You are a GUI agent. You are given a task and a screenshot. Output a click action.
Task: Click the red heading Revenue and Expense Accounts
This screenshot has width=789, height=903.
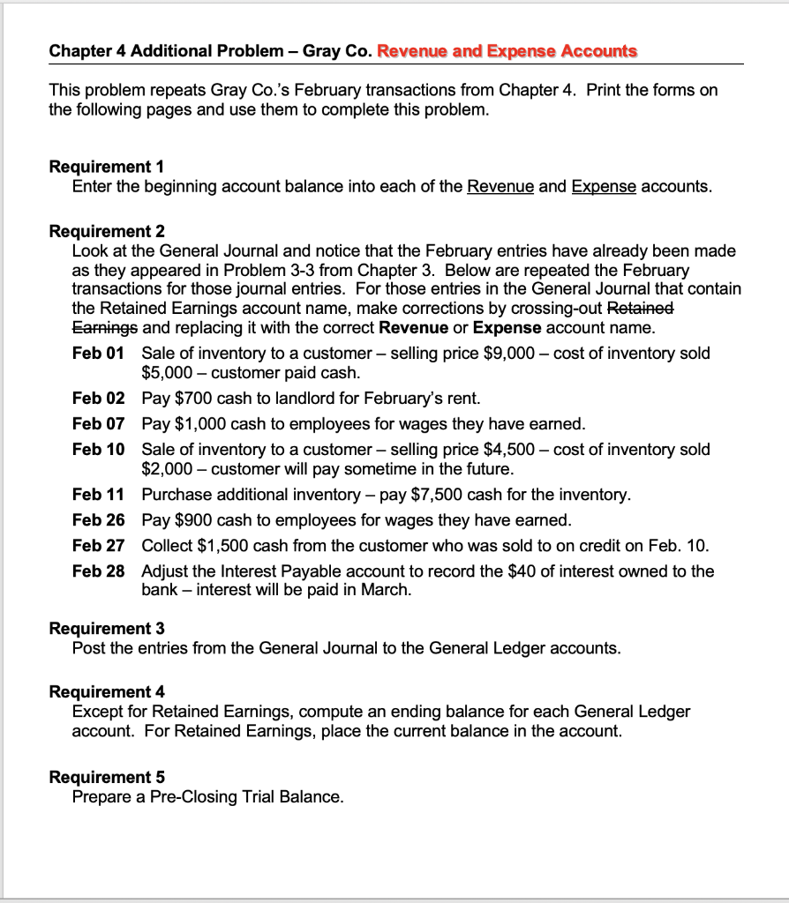(507, 50)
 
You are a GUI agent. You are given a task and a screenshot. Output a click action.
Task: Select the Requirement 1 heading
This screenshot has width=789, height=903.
(107, 167)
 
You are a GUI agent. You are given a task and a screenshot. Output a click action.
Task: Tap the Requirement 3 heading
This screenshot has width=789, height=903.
(107, 629)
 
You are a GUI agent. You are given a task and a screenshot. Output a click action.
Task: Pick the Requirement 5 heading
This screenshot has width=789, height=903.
(107, 777)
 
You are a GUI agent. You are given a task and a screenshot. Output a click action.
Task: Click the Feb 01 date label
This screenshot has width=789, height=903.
(98, 353)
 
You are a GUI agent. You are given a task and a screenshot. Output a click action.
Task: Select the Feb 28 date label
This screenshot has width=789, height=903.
(98, 571)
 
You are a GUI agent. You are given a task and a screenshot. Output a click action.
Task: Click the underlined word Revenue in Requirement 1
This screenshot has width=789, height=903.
(500, 187)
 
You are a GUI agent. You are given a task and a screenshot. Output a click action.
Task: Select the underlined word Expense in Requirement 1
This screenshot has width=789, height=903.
(604, 187)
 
